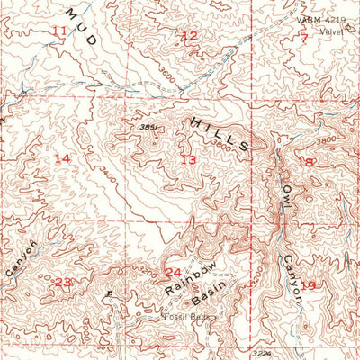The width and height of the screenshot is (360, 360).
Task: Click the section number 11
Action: coord(59,31)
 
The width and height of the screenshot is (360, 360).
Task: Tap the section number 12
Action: coord(189,37)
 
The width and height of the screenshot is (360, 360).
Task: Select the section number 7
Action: coord(304,38)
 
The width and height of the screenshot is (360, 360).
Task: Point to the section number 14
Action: coord(61,158)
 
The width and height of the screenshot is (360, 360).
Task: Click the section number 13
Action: coord(187,159)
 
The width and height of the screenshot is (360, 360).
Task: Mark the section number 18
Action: coord(307,163)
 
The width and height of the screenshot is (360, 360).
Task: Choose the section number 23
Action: coord(62,283)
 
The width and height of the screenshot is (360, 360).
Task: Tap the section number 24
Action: coord(173,273)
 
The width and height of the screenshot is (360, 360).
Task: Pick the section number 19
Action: coord(309,285)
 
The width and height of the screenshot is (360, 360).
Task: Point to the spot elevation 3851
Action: coord(149,128)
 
